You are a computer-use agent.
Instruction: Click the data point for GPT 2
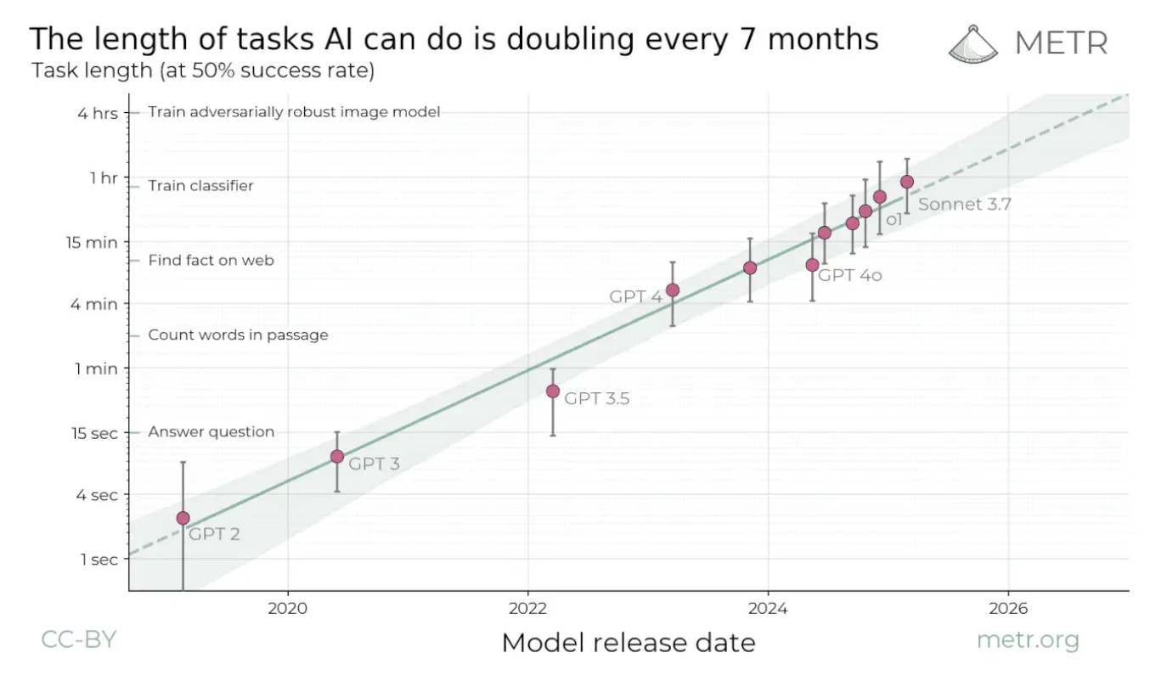[183, 518]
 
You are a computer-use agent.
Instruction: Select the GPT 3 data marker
[337, 456]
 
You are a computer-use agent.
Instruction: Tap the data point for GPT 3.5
[553, 391]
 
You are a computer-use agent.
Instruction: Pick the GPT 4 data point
[673, 290]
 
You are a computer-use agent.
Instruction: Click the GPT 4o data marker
[812, 265]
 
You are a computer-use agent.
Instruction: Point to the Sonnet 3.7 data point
[907, 182]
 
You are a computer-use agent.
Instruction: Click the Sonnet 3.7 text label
[964, 205]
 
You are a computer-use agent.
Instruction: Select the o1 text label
[894, 220]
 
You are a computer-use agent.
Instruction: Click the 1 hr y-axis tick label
[104, 177]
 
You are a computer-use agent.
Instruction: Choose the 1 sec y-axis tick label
[99, 559]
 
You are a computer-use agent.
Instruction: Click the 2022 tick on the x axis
[527, 609]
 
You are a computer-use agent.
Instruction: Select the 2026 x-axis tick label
[1007, 609]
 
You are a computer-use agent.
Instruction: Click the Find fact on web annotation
[211, 261]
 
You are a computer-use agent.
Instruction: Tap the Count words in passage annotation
[238, 335]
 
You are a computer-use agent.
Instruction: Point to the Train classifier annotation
[200, 186]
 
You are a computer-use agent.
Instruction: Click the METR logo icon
[975, 43]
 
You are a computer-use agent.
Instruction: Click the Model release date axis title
[628, 643]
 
